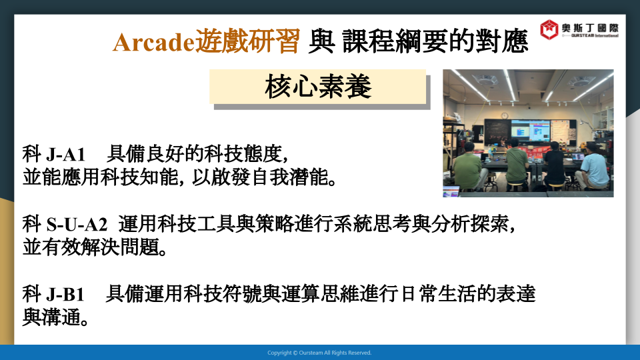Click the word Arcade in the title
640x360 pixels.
(154, 41)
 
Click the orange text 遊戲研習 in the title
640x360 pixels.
(248, 41)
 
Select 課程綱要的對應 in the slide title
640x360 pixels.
(435, 41)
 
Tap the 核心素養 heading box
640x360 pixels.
(317, 87)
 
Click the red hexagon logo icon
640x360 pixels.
(549, 29)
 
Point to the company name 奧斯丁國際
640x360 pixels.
(590, 28)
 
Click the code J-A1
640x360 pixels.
(66, 154)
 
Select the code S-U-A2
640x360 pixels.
(77, 224)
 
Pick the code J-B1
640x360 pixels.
(65, 294)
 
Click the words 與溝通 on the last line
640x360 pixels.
(55, 317)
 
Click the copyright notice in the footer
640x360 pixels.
(319, 353)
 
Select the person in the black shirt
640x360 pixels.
(554, 167)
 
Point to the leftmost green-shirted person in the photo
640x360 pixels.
(468, 167)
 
